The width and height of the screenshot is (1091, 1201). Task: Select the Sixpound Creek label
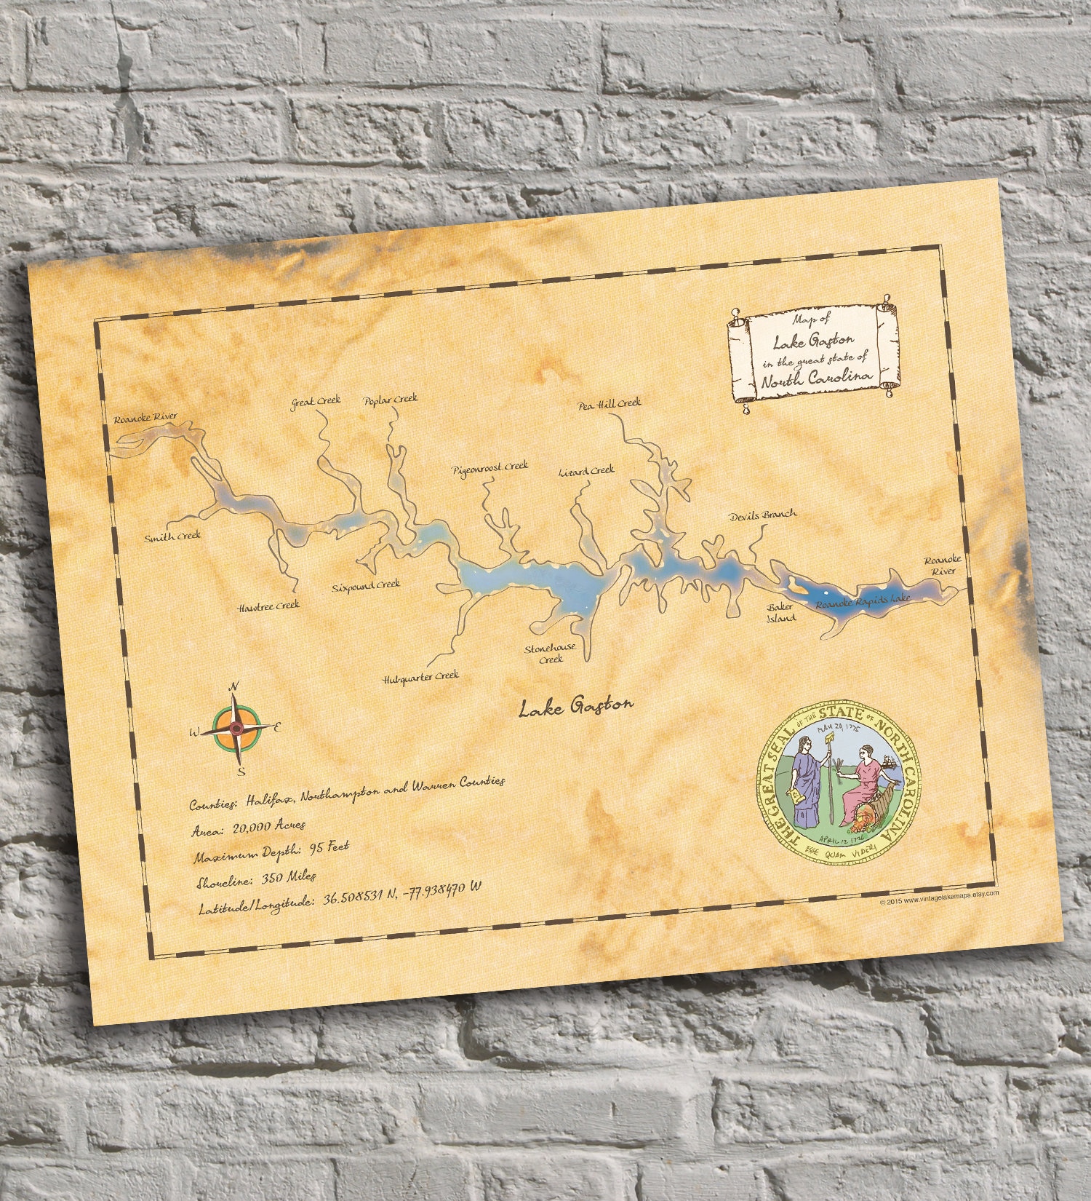click(366, 585)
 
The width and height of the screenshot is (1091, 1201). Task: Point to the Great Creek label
click(312, 403)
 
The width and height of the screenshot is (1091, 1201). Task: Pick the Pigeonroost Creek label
click(489, 467)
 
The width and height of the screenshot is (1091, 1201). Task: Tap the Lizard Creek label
click(586, 471)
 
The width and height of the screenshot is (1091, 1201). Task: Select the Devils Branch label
click(763, 514)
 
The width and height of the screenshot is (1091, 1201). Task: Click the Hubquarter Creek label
click(421, 678)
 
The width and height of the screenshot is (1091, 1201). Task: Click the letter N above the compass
click(234, 686)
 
